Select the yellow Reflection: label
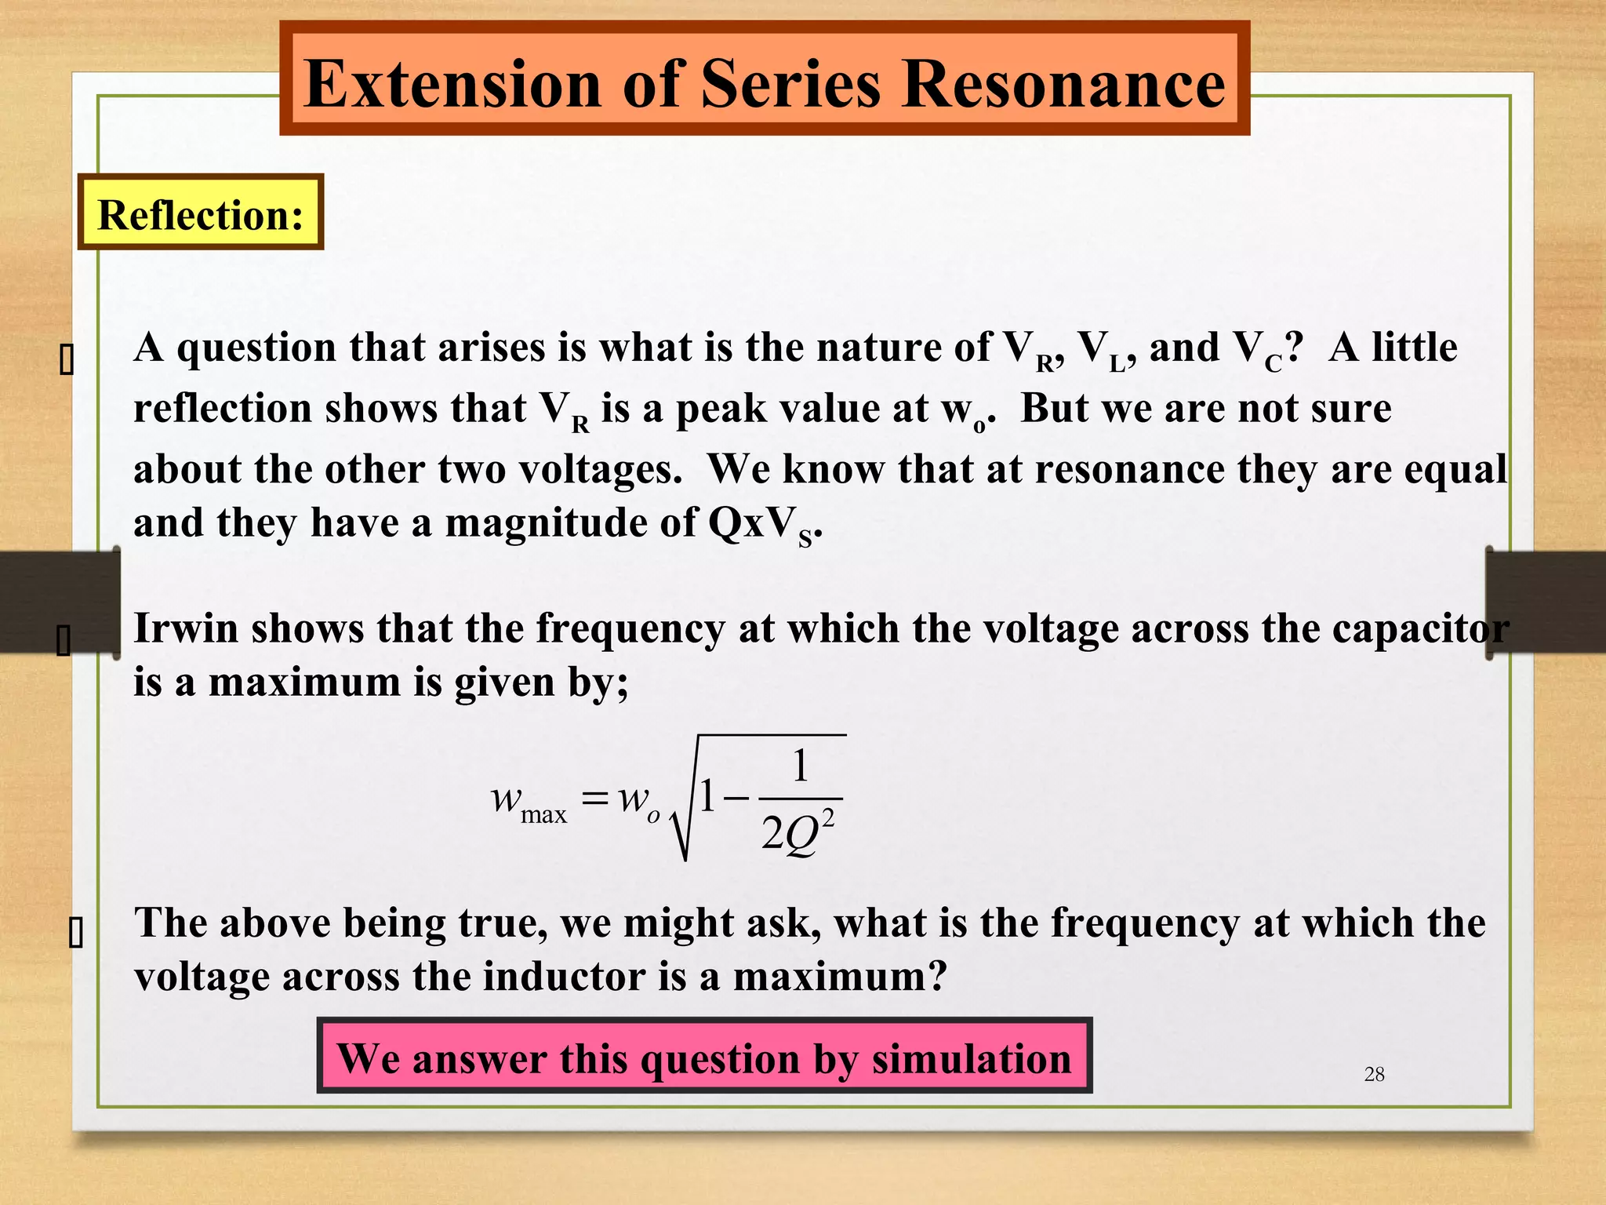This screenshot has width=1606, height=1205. pos(201,213)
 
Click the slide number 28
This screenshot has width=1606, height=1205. pos(1374,1074)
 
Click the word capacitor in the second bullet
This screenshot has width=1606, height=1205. pos(1420,628)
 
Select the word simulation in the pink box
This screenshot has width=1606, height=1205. pos(971,1058)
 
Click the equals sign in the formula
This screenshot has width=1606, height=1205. pos(595,799)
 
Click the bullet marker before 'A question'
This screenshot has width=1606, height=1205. pos(67,360)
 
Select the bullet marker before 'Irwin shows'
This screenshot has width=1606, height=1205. pos(64,640)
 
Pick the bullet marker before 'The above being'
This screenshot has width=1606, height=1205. pos(75,934)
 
